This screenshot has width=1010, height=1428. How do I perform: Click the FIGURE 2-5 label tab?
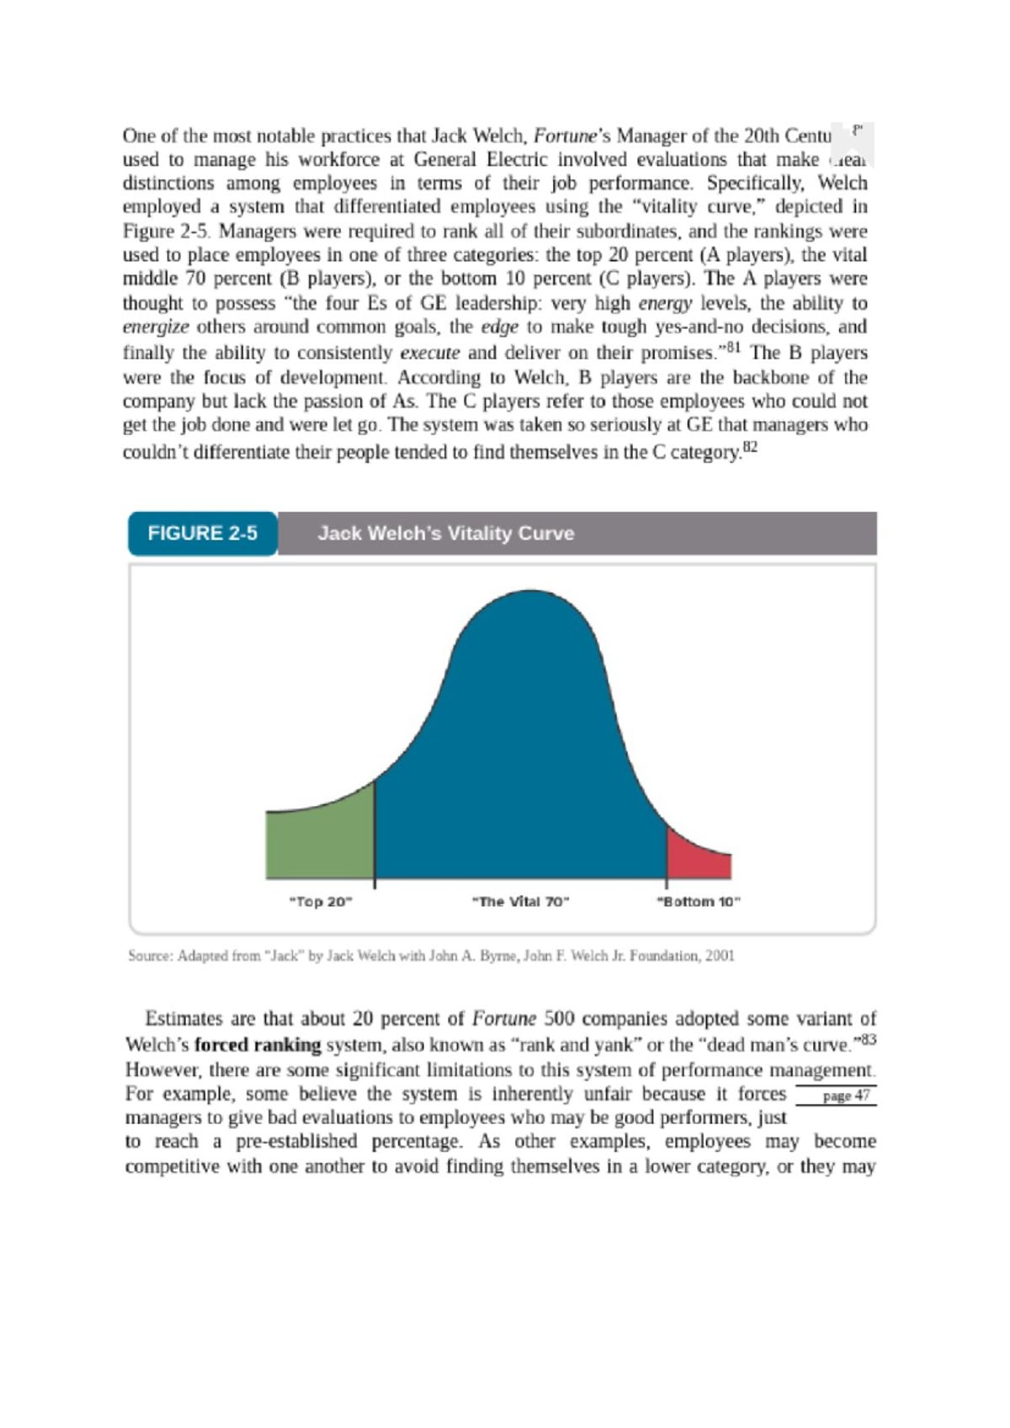tap(202, 534)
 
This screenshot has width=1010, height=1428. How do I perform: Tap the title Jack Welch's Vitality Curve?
tap(446, 534)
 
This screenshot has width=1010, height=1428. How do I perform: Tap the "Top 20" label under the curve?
tap(321, 902)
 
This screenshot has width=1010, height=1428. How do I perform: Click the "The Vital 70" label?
tap(521, 902)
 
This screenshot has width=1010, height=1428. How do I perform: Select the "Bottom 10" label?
tap(698, 902)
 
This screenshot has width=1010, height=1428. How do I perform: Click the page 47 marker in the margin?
tap(845, 1095)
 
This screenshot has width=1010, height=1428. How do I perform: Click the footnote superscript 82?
tap(751, 446)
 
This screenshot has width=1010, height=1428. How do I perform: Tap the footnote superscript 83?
tap(869, 1039)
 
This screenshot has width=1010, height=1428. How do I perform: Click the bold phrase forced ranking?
tap(258, 1046)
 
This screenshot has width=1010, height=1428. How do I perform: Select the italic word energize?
tap(156, 328)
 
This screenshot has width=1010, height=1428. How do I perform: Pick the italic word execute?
tap(429, 353)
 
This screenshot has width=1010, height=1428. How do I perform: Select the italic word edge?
tap(498, 328)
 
